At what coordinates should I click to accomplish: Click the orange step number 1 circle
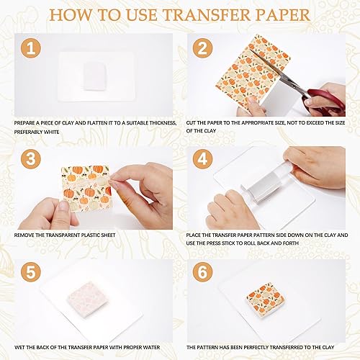click(x=30, y=49)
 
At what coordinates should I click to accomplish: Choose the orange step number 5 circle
click(x=30, y=271)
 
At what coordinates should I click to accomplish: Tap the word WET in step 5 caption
click(x=20, y=345)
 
